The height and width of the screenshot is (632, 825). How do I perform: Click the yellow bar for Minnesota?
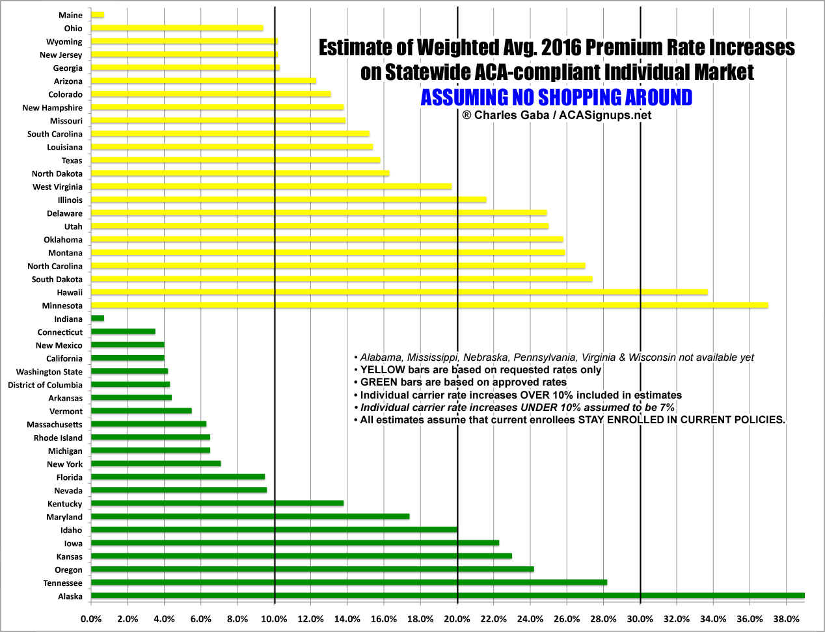429,305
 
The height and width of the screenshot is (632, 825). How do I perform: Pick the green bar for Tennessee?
349,583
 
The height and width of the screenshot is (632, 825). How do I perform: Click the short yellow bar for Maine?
98,14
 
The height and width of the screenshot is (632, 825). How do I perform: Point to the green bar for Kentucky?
217,503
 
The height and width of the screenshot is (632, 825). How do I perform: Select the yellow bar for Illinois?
289,200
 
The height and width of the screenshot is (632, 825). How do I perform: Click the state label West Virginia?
57,187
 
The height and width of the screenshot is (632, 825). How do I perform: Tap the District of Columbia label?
45,385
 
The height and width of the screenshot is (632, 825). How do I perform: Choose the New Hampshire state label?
52,107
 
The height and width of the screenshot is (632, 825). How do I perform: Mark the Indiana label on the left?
68,319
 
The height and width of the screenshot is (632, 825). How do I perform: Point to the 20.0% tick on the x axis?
457,618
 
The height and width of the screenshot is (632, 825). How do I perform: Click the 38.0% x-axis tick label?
786,618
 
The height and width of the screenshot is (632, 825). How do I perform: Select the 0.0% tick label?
91,618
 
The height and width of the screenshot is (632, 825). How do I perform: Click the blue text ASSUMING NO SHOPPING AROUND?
556,98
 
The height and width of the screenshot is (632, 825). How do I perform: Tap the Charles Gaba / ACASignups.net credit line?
556,115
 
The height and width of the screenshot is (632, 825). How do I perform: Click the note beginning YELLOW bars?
480,370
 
